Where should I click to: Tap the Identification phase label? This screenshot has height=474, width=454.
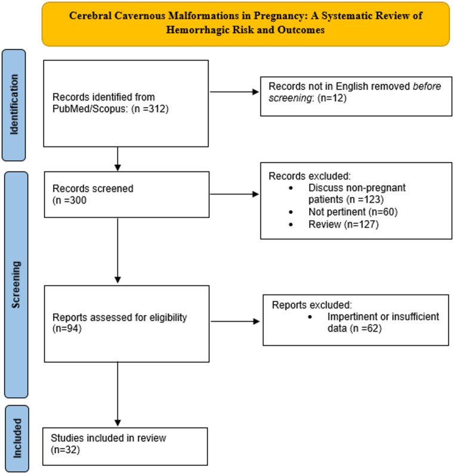click(14, 105)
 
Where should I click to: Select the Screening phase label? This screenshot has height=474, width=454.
click(15, 285)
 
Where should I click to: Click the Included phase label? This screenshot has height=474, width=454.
click(17, 438)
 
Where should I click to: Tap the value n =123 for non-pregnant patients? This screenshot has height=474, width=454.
click(365, 199)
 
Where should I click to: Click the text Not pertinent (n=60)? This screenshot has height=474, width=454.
click(353, 212)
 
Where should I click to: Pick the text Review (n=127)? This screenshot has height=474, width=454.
click(344, 224)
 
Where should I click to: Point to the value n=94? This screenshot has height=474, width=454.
click(67, 328)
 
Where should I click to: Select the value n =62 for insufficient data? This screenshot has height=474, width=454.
click(366, 328)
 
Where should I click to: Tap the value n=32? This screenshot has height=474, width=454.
click(66, 450)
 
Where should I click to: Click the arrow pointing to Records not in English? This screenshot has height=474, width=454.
click(234, 92)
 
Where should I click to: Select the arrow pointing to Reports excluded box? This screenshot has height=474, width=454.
click(235, 322)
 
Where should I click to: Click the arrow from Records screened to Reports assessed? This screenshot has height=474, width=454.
click(117, 250)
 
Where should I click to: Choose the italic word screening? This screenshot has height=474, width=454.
click(290, 98)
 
